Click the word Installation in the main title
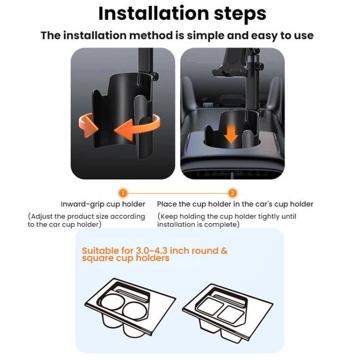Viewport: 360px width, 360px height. point(154,13)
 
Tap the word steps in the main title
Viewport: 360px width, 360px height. point(240,15)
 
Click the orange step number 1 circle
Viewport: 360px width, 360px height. point(123,193)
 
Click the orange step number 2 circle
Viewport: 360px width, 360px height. point(232,193)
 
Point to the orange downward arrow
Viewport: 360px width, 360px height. point(231,134)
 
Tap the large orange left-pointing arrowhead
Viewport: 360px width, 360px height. point(124,130)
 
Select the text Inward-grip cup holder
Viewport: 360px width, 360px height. point(103,204)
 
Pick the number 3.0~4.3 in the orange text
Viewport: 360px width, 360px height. point(152,251)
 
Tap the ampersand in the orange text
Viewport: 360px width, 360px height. point(224,251)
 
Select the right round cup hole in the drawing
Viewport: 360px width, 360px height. point(134,311)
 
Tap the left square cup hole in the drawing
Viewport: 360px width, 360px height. point(210,306)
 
